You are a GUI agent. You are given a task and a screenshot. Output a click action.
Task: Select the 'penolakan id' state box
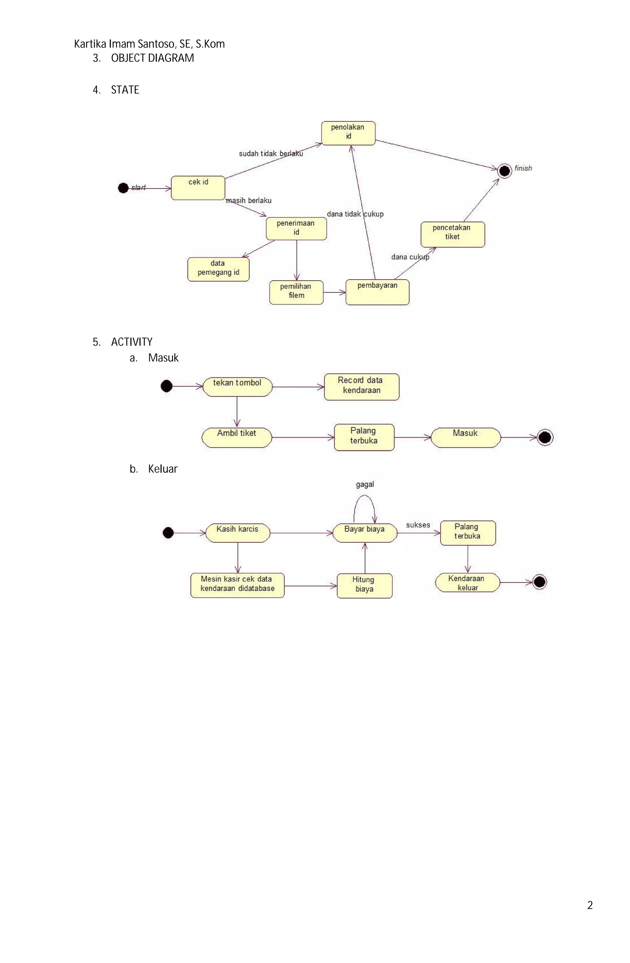point(348,133)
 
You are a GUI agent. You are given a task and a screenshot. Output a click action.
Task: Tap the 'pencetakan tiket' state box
point(452,234)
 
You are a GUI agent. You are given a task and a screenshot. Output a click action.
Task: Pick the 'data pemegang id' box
point(218,269)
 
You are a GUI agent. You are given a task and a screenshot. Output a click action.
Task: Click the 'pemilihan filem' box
point(296,292)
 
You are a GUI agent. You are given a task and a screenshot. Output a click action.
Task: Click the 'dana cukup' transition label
point(410,257)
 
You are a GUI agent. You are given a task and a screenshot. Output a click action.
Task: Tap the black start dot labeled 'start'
point(123,188)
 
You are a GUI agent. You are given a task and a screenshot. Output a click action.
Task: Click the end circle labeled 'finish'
point(504,171)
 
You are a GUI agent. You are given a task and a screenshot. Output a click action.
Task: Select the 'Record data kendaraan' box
point(361,386)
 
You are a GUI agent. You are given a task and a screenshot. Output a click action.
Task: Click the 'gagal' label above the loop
point(365,484)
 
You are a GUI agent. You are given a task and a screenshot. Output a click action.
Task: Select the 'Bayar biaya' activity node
point(365,533)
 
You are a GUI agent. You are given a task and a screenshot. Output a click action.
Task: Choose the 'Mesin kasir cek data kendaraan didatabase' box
point(237,585)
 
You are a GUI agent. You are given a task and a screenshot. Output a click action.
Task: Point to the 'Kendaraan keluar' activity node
point(467,582)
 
